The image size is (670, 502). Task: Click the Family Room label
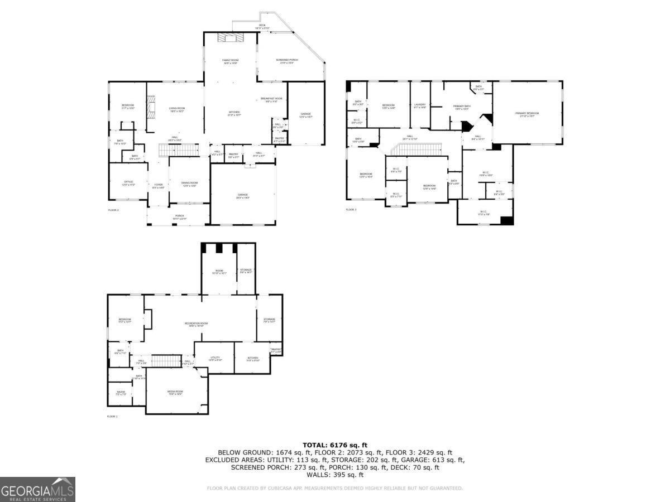tap(230, 61)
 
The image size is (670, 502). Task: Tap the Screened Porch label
tap(287, 61)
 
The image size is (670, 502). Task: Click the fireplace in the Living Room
tap(150, 106)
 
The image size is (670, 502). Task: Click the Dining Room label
tap(189, 184)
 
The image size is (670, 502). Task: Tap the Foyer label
tap(158, 186)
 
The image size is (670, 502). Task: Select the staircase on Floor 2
tap(179, 150)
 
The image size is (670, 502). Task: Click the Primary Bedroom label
tap(527, 114)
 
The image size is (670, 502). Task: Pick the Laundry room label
tap(420, 105)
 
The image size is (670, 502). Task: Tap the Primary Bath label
tap(461, 107)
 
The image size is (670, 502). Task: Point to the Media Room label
tap(175, 393)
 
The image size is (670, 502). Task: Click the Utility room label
tap(215, 359)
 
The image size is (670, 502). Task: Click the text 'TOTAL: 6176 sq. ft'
tap(334, 445)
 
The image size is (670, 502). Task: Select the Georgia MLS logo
tap(37, 490)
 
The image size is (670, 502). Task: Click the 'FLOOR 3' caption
tap(351, 210)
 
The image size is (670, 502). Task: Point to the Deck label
tap(262, 26)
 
